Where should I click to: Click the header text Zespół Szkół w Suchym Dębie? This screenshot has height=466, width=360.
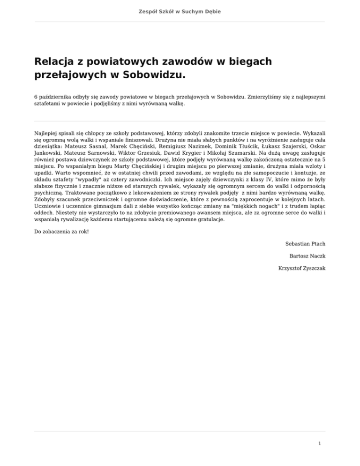coord(180,11)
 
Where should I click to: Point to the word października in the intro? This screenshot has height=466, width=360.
coord(54,96)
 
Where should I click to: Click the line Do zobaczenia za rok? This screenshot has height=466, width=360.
coord(61,231)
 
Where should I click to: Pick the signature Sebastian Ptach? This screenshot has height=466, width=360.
coord(305,244)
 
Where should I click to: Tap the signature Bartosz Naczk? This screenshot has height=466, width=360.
coord(307,256)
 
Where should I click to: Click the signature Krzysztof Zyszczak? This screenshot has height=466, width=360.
coord(301,268)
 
